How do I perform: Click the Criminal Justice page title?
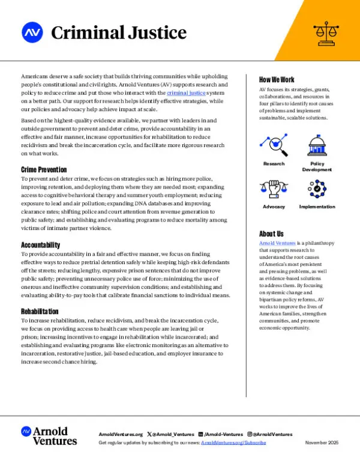click(x=119, y=32)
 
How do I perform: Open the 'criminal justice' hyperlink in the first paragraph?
click(x=186, y=93)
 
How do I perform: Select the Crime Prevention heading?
click(x=44, y=170)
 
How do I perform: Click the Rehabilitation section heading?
click(x=40, y=312)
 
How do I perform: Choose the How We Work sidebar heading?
click(x=277, y=80)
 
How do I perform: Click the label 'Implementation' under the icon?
click(x=317, y=207)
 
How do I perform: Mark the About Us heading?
click(x=271, y=233)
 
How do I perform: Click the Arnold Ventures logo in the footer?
click(x=49, y=435)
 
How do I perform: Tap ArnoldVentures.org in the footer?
click(x=120, y=434)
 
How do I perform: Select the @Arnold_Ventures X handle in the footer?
click(x=175, y=434)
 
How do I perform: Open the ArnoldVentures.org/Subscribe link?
click(x=233, y=443)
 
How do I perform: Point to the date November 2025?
click(x=322, y=443)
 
